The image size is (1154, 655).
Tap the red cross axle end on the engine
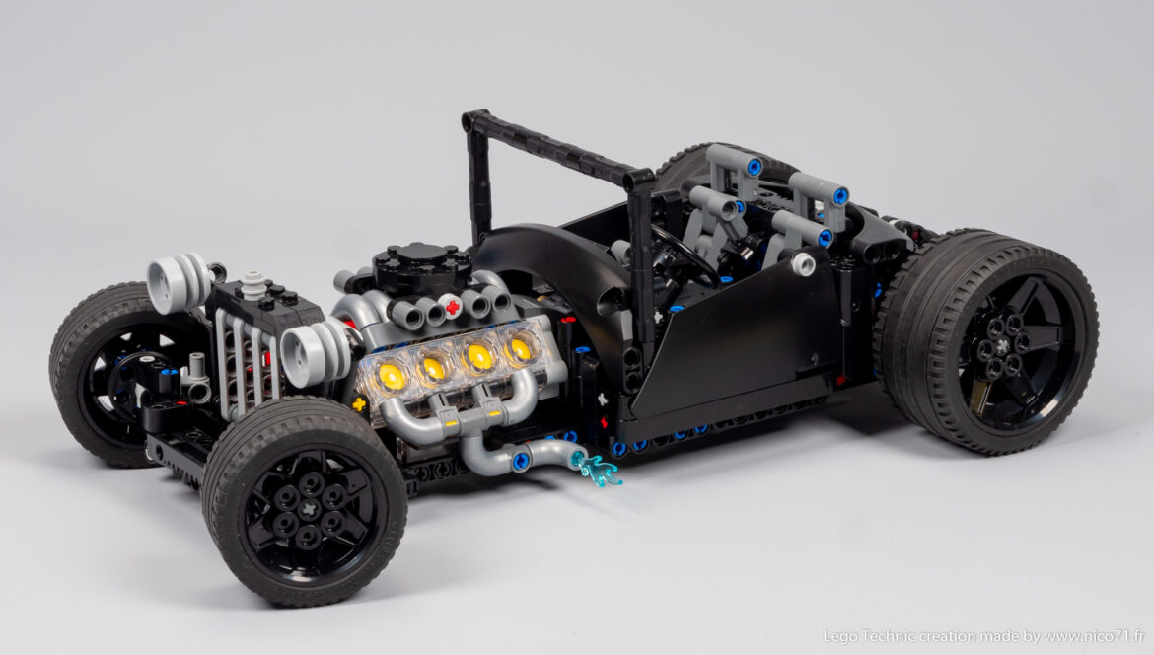pos(453,307)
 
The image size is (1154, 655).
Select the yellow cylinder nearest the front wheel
pos(392,376)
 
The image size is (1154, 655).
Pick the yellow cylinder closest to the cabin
pos(520,349)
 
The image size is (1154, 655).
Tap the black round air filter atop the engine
pos(421,265)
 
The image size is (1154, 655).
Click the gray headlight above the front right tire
pos(314,352)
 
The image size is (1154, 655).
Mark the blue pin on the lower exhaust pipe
pos(520,460)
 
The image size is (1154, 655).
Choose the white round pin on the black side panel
pos(802,263)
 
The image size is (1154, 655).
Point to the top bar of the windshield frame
pos(557,148)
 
